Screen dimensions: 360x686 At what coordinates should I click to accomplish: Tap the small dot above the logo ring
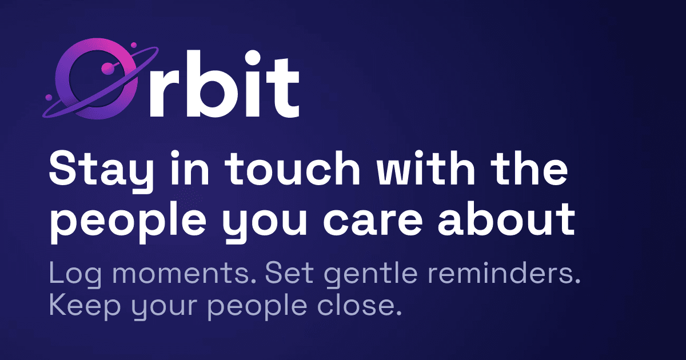coord(133,45)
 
